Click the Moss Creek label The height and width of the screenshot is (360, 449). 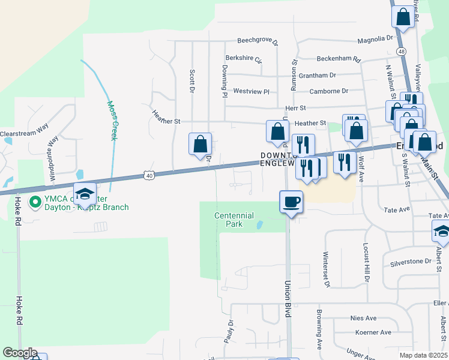click(112, 120)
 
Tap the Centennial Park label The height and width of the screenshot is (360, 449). click(234, 220)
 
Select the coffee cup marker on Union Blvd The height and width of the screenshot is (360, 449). click(292, 202)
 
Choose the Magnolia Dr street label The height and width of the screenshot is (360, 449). click(375, 39)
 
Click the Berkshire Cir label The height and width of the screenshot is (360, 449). click(244, 59)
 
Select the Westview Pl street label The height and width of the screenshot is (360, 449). click(251, 91)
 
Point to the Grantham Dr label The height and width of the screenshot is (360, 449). click(316, 76)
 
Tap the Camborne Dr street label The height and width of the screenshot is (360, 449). click(328, 91)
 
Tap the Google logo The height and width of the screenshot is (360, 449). click(19, 353)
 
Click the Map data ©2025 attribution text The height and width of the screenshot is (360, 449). click(423, 355)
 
